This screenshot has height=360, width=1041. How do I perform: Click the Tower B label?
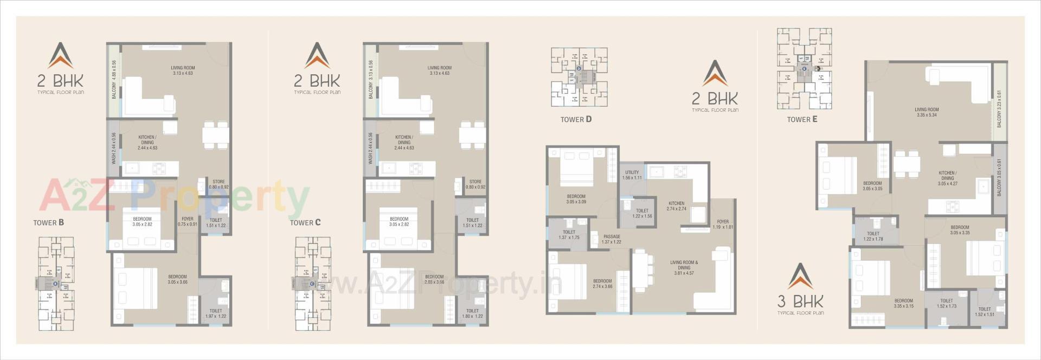[49, 223]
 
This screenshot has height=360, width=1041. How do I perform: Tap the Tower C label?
[305, 223]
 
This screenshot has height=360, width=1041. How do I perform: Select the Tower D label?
[576, 119]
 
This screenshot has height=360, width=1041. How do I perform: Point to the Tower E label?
[802, 119]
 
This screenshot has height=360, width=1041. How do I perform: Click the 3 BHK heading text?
[800, 301]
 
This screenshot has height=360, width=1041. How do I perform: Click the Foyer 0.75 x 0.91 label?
[188, 221]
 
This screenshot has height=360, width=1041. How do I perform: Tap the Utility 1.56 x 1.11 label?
[632, 175]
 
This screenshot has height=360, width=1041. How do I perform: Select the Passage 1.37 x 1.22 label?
[612, 239]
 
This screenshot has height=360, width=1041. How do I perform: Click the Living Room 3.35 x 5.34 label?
[927, 112]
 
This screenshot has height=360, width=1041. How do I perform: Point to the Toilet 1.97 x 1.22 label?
[216, 313]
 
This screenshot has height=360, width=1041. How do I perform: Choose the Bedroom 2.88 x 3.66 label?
[434, 279]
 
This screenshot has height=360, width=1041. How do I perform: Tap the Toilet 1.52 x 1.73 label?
[947, 303]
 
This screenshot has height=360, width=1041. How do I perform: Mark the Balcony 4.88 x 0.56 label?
[114, 79]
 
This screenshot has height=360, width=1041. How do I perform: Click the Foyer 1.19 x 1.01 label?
[723, 224]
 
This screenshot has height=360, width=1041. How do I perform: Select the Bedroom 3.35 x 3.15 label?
[903, 303]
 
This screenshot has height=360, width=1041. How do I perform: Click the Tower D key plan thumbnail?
[579, 77]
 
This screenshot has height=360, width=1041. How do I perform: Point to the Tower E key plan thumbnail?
[804, 68]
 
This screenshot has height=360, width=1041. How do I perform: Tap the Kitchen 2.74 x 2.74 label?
[676, 206]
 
